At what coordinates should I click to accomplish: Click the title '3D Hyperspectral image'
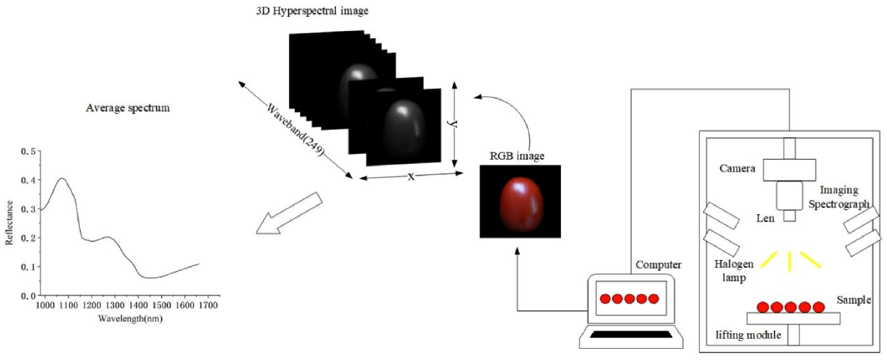(312, 11)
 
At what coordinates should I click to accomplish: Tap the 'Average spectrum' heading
(128, 108)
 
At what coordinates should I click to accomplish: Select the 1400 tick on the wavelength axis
(138, 305)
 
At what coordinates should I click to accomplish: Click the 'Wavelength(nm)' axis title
(130, 319)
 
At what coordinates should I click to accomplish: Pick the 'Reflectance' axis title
(9, 223)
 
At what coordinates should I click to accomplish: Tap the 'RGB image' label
(517, 156)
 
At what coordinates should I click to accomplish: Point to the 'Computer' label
(658, 265)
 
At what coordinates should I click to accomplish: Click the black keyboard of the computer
(631, 335)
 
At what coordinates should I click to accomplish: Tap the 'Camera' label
(737, 168)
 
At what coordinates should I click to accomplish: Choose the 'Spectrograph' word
(838, 204)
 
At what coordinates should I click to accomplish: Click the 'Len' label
(765, 218)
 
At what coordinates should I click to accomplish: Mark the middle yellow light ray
(790, 261)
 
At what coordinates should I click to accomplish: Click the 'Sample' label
(853, 300)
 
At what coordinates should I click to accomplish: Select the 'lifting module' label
(748, 335)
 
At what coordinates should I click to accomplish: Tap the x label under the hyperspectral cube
(411, 177)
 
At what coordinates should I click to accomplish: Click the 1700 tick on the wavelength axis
(208, 305)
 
